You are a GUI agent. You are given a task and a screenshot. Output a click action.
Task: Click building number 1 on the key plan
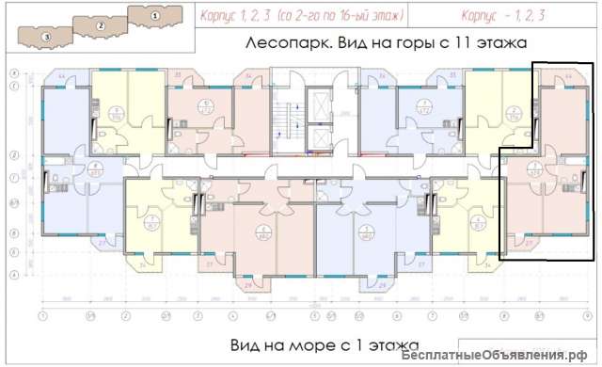tap(154, 15)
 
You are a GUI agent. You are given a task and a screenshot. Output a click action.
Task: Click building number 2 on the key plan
tap(101, 26)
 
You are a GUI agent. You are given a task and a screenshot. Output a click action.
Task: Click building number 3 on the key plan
tap(47, 36)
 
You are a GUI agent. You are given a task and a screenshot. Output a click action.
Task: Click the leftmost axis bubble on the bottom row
tap(43, 315)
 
